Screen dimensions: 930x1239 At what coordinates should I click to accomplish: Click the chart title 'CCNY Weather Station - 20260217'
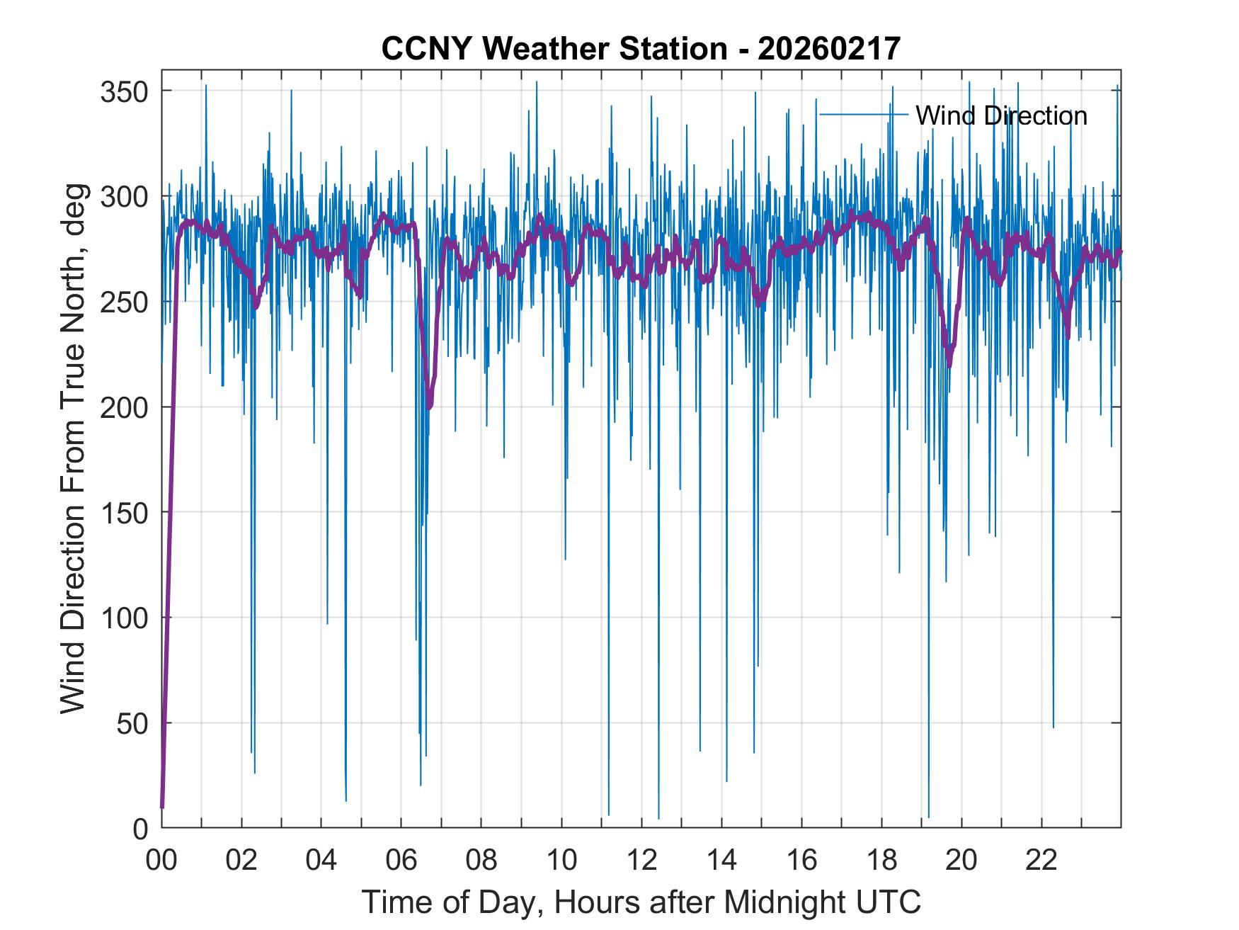[641, 49]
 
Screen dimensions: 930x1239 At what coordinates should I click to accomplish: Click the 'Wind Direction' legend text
[1001, 115]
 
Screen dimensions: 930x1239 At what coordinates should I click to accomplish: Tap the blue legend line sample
[863, 114]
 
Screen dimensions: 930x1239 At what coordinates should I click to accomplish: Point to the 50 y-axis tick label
[132, 724]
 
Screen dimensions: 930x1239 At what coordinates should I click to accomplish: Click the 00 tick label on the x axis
[161, 861]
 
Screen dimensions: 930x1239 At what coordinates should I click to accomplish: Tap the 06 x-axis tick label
[401, 861]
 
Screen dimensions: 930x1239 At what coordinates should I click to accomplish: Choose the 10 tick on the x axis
[561, 861]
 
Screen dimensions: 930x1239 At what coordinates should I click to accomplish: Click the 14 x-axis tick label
[721, 861]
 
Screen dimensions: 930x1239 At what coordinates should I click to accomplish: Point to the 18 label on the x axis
[881, 861]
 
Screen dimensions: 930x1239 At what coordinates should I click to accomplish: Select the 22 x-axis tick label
[1041, 861]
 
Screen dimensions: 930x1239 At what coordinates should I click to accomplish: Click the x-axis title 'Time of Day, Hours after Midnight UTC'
[641, 902]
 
